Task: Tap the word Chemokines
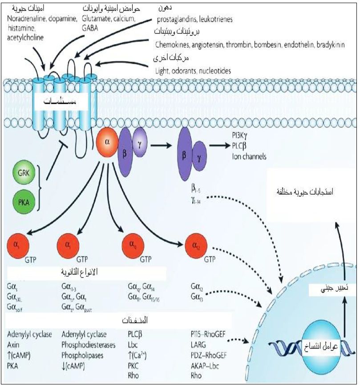tap(173, 45)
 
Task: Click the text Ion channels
tap(249, 156)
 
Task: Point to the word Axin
tap(14, 345)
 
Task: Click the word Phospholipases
tap(83, 355)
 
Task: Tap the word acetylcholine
tap(25, 37)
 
